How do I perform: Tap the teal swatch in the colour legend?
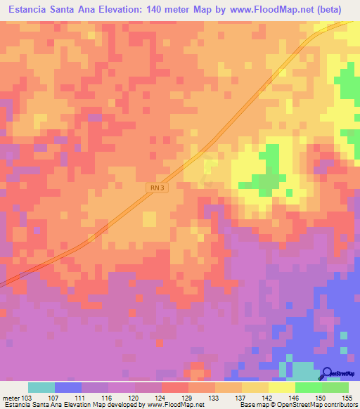click(41, 387)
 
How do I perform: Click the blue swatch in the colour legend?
click(68, 387)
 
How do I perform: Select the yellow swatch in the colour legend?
click(281, 387)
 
